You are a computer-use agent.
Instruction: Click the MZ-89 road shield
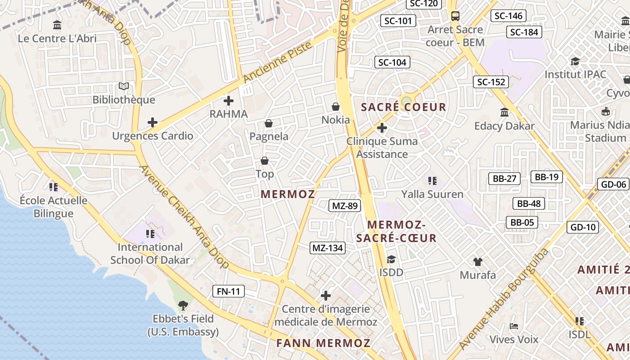tap(345, 206)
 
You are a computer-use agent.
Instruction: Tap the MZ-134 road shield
tap(328, 247)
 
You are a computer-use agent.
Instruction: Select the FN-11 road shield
tap(229, 291)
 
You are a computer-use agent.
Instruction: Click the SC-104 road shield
tap(392, 62)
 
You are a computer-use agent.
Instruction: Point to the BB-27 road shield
tap(504, 179)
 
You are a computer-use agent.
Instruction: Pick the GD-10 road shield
tap(583, 227)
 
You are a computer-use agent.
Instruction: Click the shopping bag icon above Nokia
tap(336, 107)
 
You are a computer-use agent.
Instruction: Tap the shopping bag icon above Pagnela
tap(269, 123)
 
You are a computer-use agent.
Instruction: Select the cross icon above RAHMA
tap(229, 101)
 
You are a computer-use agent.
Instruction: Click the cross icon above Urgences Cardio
tap(153, 122)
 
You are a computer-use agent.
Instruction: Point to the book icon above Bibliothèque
tap(124, 86)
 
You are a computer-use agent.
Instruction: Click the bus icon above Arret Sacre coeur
tap(455, 16)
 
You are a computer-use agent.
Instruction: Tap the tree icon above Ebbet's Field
tap(183, 306)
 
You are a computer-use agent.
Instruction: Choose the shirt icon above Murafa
tap(478, 261)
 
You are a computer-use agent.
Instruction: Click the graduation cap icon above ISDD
tap(391, 259)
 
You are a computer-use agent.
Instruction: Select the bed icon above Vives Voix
tap(514, 326)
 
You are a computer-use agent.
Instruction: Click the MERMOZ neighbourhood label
tap(288, 194)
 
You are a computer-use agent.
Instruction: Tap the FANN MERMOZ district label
tap(324, 343)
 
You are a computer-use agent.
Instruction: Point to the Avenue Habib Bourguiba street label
tap(504, 298)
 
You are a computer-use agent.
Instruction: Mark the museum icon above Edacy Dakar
tap(504, 112)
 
